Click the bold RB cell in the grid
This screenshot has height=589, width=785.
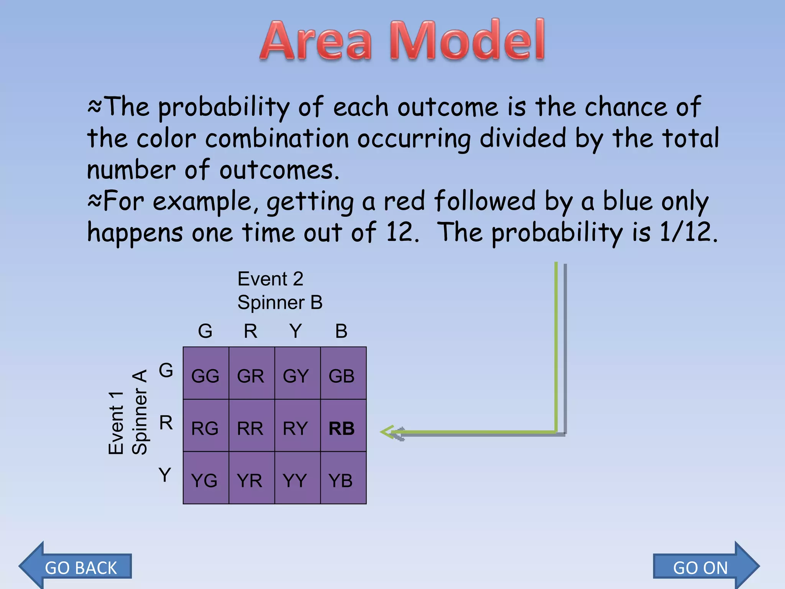click(x=342, y=428)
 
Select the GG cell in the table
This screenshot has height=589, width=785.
click(x=205, y=376)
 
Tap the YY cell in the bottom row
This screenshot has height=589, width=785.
click(x=295, y=480)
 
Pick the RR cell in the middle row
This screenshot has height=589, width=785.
click(x=250, y=428)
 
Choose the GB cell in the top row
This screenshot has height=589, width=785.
click(x=342, y=376)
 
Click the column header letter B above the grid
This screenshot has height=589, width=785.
click(x=341, y=331)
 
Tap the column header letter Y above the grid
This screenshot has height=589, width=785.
click(x=296, y=331)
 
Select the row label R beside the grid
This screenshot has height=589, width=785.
click(x=166, y=423)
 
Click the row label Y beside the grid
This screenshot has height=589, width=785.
click(x=165, y=475)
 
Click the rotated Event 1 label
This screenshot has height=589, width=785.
click(x=116, y=423)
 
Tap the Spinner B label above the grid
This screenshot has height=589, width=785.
click(x=280, y=303)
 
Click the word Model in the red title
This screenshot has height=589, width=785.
click(x=467, y=40)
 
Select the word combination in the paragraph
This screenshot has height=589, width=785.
click(x=277, y=138)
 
